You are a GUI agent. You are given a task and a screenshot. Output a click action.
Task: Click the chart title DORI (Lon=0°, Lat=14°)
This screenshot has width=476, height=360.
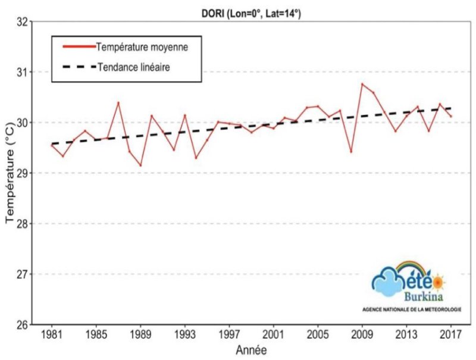252,12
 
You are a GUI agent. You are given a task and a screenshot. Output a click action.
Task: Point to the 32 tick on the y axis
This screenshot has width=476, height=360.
23,22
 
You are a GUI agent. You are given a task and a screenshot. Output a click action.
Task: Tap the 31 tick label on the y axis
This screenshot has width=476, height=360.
23,73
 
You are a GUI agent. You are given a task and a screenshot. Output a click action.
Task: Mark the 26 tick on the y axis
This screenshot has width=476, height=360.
23,325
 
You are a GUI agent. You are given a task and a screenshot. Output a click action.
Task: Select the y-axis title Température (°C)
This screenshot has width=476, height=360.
10,178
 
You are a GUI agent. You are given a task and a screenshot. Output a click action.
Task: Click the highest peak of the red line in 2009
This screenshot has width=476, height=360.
362,84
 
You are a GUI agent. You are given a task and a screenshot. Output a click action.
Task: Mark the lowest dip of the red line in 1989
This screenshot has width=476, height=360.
140,165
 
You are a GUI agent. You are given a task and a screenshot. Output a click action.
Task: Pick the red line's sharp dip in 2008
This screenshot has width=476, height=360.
351,152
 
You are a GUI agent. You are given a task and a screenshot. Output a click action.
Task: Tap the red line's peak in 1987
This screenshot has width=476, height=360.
118,102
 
